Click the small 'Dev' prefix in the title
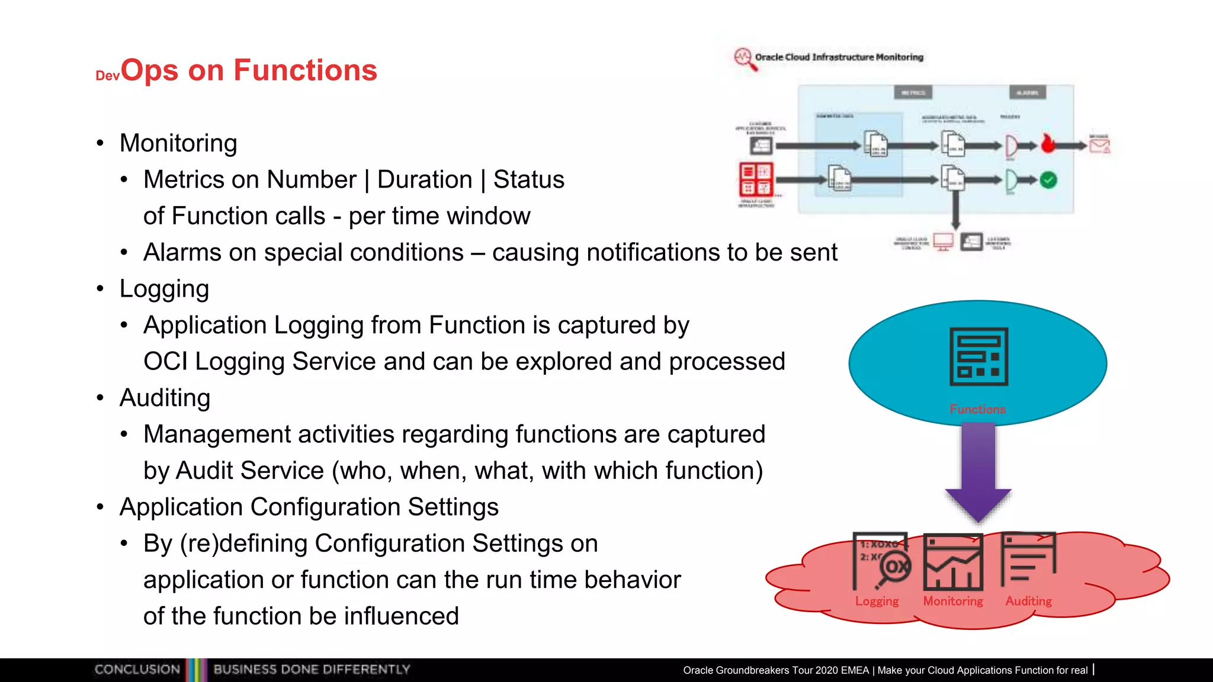pyautogui.click(x=107, y=76)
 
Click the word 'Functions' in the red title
pyautogui.click(x=305, y=70)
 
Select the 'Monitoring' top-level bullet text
pyautogui.click(x=178, y=143)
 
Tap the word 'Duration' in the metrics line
pyautogui.click(x=425, y=179)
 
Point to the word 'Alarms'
pyautogui.click(x=182, y=252)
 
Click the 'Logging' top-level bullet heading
pyautogui.click(x=164, y=289)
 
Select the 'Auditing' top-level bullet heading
pyautogui.click(x=165, y=398)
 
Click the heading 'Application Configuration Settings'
pyautogui.click(x=309, y=507)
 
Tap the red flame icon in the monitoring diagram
pyautogui.click(x=1048, y=143)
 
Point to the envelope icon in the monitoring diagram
pyautogui.click(x=1099, y=144)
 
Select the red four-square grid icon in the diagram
pyautogui.click(x=756, y=179)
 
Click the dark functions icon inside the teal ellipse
pyautogui.click(x=978, y=356)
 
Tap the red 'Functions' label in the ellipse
pyautogui.click(x=977, y=409)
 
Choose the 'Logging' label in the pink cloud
pyautogui.click(x=877, y=601)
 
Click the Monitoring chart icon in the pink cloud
pyautogui.click(x=953, y=562)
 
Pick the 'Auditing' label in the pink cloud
pyautogui.click(x=1028, y=601)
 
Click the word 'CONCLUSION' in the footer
pyautogui.click(x=137, y=670)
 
